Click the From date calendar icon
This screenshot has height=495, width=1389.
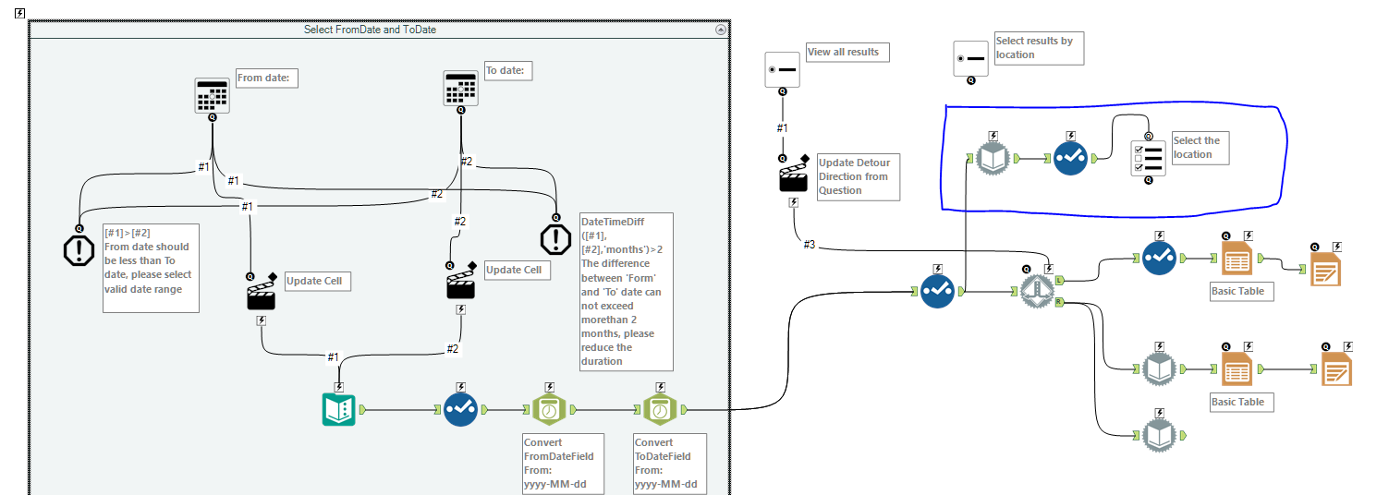tap(212, 95)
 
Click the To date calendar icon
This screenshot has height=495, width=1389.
tap(460, 89)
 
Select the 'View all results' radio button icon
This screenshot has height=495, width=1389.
tap(782, 70)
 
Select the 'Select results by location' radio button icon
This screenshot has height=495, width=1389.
tap(970, 58)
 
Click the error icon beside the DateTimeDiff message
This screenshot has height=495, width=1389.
tap(555, 239)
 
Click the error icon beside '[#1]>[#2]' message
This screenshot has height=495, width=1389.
tap(79, 248)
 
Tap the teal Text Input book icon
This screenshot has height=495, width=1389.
tap(339, 409)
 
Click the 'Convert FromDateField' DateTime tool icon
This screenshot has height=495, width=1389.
tap(549, 409)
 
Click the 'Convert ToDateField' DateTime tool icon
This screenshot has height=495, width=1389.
tap(660, 409)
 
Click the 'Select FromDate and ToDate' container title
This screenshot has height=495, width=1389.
tap(370, 30)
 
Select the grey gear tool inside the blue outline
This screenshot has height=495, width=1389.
tap(993, 159)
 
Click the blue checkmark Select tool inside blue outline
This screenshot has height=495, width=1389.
tap(1070, 159)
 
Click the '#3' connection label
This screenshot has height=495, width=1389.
tap(809, 244)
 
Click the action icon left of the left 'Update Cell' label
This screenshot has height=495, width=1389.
tap(262, 295)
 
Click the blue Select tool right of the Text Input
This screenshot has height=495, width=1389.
tap(459, 409)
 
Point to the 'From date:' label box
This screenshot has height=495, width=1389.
tap(266, 78)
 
